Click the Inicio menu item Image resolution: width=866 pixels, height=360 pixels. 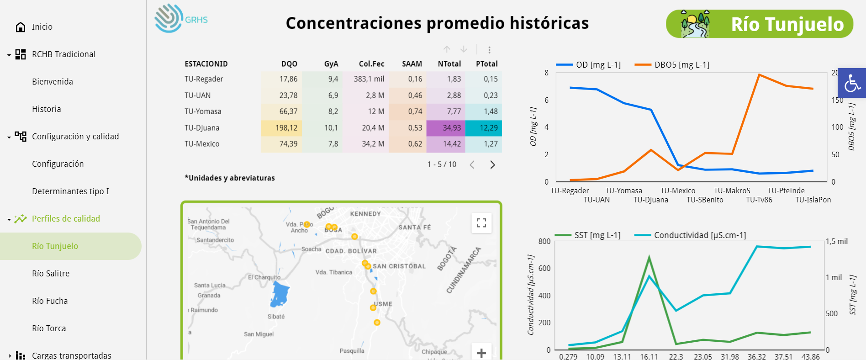tap(42, 27)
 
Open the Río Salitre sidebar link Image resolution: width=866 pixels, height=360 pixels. tap(51, 274)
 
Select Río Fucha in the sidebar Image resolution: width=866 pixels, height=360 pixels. tap(50, 301)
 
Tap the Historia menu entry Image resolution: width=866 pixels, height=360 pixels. tap(46, 109)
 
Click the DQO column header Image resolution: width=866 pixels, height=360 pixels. tap(289, 64)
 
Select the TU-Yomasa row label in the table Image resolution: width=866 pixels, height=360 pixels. tap(203, 111)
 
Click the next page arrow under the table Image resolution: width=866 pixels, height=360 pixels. tap(492, 165)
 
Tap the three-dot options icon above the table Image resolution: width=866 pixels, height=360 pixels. tap(489, 50)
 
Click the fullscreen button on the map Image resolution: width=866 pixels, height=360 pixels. tap(481, 223)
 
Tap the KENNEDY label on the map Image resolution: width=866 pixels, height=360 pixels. tap(365, 214)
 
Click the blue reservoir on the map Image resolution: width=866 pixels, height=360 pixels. tap(280, 294)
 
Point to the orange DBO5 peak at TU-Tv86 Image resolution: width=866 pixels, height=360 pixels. tap(759, 74)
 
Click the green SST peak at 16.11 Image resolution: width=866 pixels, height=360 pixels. tap(649, 258)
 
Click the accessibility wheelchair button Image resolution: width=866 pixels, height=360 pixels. tap(852, 83)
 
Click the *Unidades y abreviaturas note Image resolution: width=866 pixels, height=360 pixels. tap(230, 178)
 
